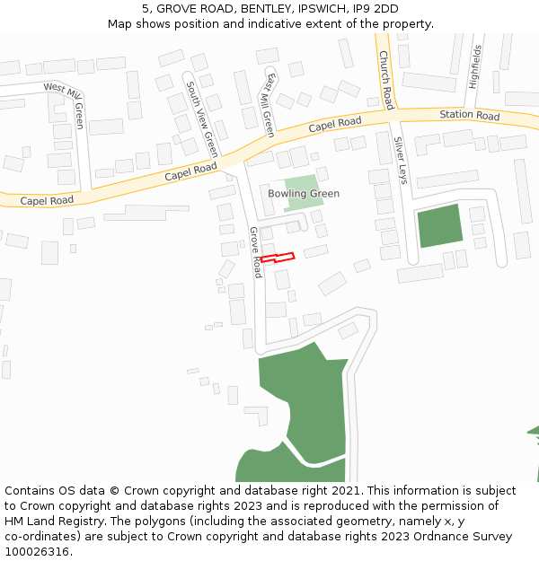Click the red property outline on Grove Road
(278, 258)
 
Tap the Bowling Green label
(304, 194)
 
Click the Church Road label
(385, 80)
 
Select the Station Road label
(469, 116)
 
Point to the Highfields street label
(473, 66)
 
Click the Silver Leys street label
(401, 161)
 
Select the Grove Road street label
(255, 251)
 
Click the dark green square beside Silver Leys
(440, 225)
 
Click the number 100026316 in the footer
(35, 551)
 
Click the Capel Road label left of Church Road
(334, 124)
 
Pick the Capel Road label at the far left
(47, 201)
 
